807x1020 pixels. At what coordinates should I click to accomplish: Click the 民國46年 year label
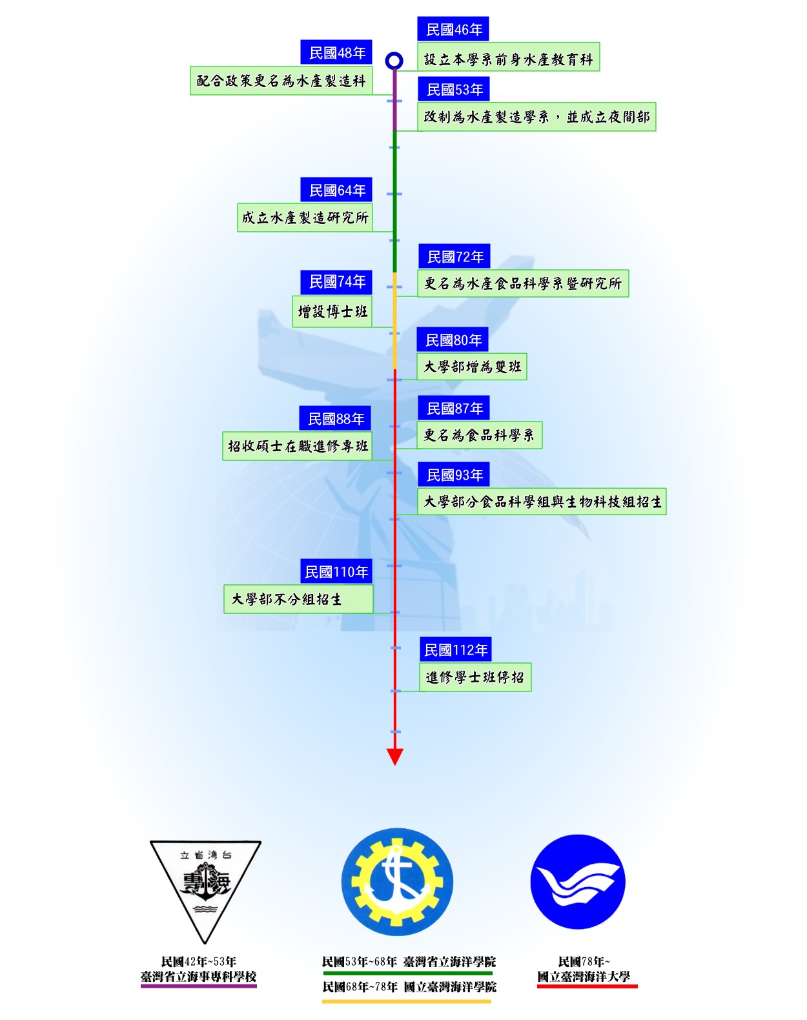click(x=453, y=30)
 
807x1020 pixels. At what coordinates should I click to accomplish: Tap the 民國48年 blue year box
click(x=336, y=53)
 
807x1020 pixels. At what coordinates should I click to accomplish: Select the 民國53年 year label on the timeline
click(x=454, y=90)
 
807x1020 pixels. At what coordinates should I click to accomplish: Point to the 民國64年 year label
click(x=336, y=190)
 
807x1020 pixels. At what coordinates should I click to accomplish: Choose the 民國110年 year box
click(x=336, y=572)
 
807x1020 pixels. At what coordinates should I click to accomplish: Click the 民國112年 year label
click(x=455, y=650)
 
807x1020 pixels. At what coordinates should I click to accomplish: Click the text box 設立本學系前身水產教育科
click(x=508, y=59)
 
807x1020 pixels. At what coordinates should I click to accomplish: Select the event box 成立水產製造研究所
click(x=305, y=218)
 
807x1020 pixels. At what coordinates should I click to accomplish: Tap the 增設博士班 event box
click(x=332, y=312)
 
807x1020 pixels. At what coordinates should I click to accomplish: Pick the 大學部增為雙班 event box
click(x=471, y=367)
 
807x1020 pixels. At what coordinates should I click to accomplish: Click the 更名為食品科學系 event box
click(x=479, y=435)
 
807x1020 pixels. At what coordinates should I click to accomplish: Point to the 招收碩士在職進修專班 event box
click(x=297, y=446)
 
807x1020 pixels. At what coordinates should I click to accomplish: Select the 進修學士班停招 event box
click(x=475, y=677)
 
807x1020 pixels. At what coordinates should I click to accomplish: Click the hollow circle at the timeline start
click(x=394, y=61)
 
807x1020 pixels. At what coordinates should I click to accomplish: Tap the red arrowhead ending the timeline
click(x=394, y=757)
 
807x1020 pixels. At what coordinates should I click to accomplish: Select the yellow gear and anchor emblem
click(x=397, y=882)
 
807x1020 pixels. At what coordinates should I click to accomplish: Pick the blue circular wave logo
click(x=578, y=882)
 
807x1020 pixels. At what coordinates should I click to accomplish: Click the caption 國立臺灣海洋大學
click(x=584, y=977)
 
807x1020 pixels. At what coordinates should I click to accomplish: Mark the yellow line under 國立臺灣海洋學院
click(x=407, y=1001)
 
